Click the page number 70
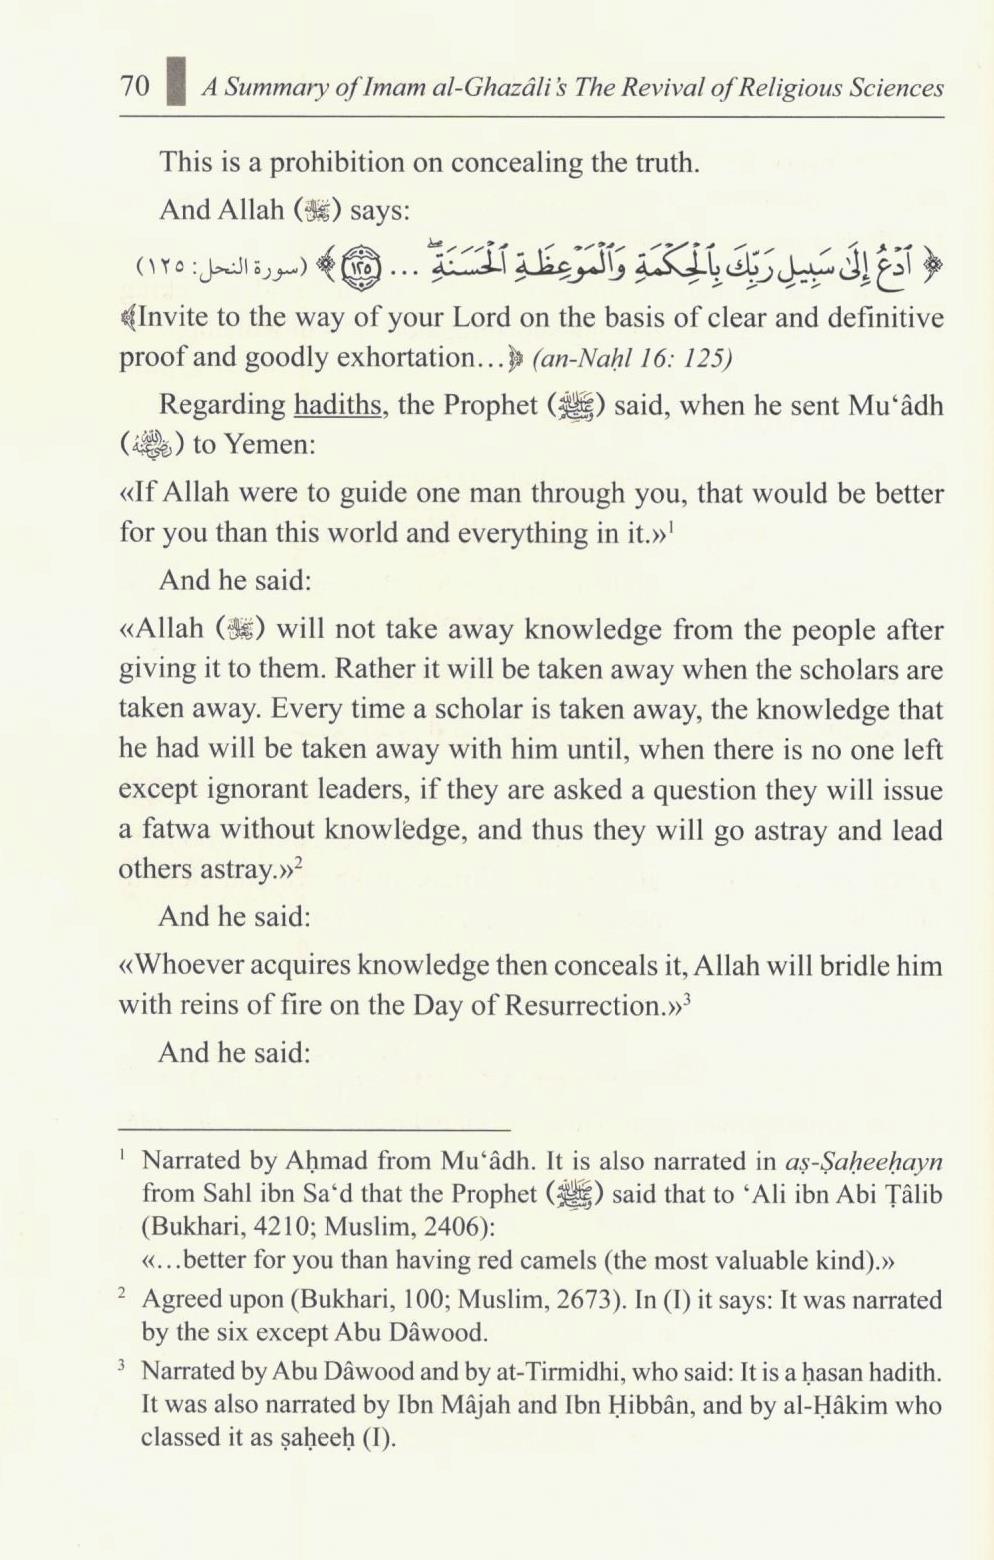point(134,86)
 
